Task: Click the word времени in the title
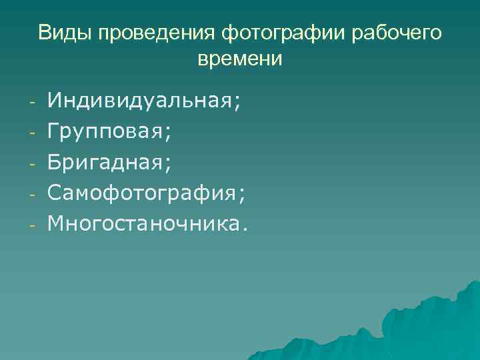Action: click(240, 59)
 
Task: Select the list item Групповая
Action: click(107, 132)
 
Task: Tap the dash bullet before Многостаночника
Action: click(31, 225)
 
